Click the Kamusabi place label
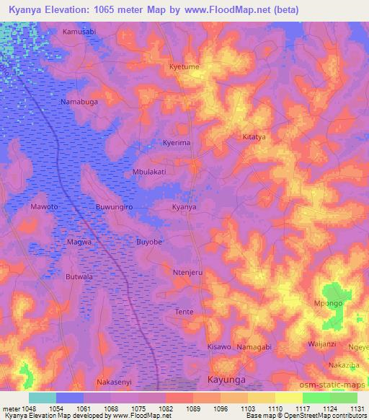[x=79, y=32]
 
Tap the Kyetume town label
[x=184, y=66]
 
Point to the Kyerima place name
[x=177, y=143]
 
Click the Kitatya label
[x=254, y=136]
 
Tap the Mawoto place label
[x=44, y=207]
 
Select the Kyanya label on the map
[x=184, y=207]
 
